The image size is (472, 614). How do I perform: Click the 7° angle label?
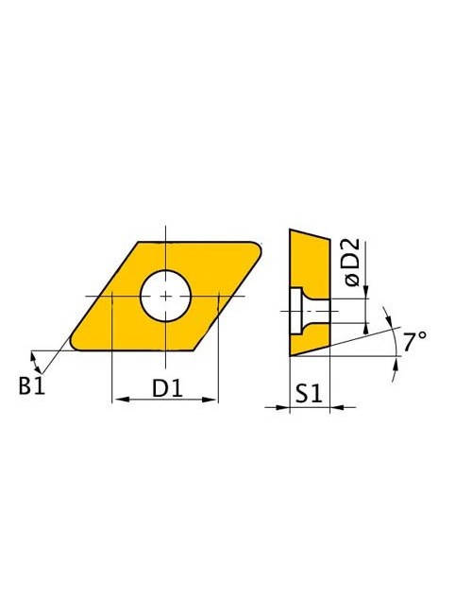click(414, 342)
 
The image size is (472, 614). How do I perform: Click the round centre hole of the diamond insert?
click(166, 296)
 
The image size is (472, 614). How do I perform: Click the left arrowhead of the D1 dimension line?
click(117, 401)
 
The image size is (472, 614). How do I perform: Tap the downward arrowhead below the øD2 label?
click(364, 292)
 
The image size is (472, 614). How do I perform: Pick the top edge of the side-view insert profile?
click(309, 233)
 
